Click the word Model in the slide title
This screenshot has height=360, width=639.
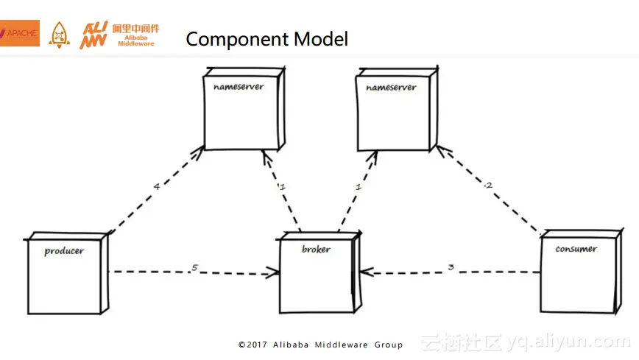click(x=320, y=38)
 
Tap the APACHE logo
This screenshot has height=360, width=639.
click(x=20, y=33)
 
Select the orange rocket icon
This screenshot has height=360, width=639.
click(x=60, y=34)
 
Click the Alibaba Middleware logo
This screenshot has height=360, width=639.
click(x=119, y=34)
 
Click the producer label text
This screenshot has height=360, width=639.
click(x=64, y=251)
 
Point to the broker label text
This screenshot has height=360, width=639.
click(x=316, y=250)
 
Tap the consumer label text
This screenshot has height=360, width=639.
click(x=576, y=249)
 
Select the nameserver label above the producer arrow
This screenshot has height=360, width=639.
click(x=239, y=87)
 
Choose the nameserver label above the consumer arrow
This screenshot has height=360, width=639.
click(x=391, y=88)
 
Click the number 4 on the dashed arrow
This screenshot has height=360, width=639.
click(x=156, y=186)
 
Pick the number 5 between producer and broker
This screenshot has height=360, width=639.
click(x=194, y=267)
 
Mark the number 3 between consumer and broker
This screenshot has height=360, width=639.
click(x=451, y=267)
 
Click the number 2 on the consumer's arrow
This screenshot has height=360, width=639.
click(x=488, y=185)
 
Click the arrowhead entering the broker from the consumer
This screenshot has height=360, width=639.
click(x=369, y=273)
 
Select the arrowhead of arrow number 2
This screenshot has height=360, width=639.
click(x=440, y=149)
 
